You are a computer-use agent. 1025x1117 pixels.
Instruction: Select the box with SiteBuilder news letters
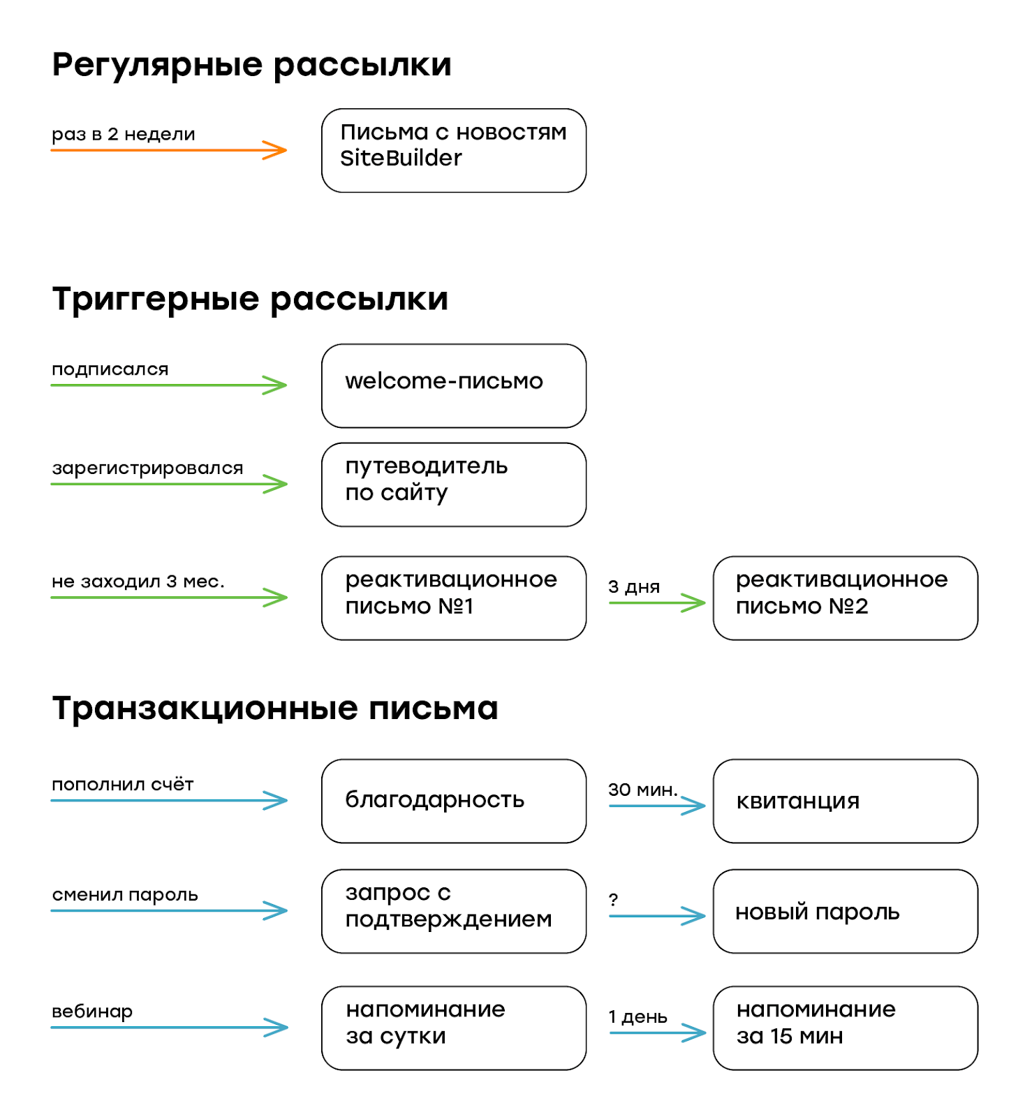pyautogui.click(x=454, y=150)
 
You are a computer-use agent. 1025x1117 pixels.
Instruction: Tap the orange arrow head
pyautogui.click(x=275, y=150)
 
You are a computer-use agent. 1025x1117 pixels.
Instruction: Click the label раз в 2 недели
pyautogui.click(x=124, y=134)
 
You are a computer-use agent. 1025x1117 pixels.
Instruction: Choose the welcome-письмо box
pyautogui.click(x=454, y=385)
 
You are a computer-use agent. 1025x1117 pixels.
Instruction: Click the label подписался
pyautogui.click(x=110, y=369)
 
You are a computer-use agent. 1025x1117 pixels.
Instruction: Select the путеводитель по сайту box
pyautogui.click(x=454, y=484)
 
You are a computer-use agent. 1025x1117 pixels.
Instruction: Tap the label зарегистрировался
pyautogui.click(x=147, y=468)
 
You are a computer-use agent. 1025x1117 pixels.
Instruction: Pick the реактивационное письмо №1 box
pyautogui.click(x=454, y=598)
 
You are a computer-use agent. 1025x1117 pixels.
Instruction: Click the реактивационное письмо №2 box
pyautogui.click(x=846, y=598)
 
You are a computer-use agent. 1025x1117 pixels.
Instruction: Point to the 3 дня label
pyautogui.click(x=634, y=586)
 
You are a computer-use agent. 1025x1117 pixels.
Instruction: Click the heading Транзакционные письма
pyautogui.click(x=275, y=709)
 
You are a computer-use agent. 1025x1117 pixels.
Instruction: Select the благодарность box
pyautogui.click(x=454, y=801)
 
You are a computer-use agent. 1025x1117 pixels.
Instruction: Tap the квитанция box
pyautogui.click(x=846, y=801)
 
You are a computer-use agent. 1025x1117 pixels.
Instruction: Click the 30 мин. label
pyautogui.click(x=643, y=790)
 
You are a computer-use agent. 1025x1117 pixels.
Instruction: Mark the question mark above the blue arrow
pyautogui.click(x=613, y=899)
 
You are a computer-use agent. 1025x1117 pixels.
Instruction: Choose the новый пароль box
pyautogui.click(x=846, y=911)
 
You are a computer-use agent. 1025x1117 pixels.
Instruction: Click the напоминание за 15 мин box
pyautogui.click(x=846, y=1028)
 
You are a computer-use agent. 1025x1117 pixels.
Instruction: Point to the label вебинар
pyautogui.click(x=92, y=1011)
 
